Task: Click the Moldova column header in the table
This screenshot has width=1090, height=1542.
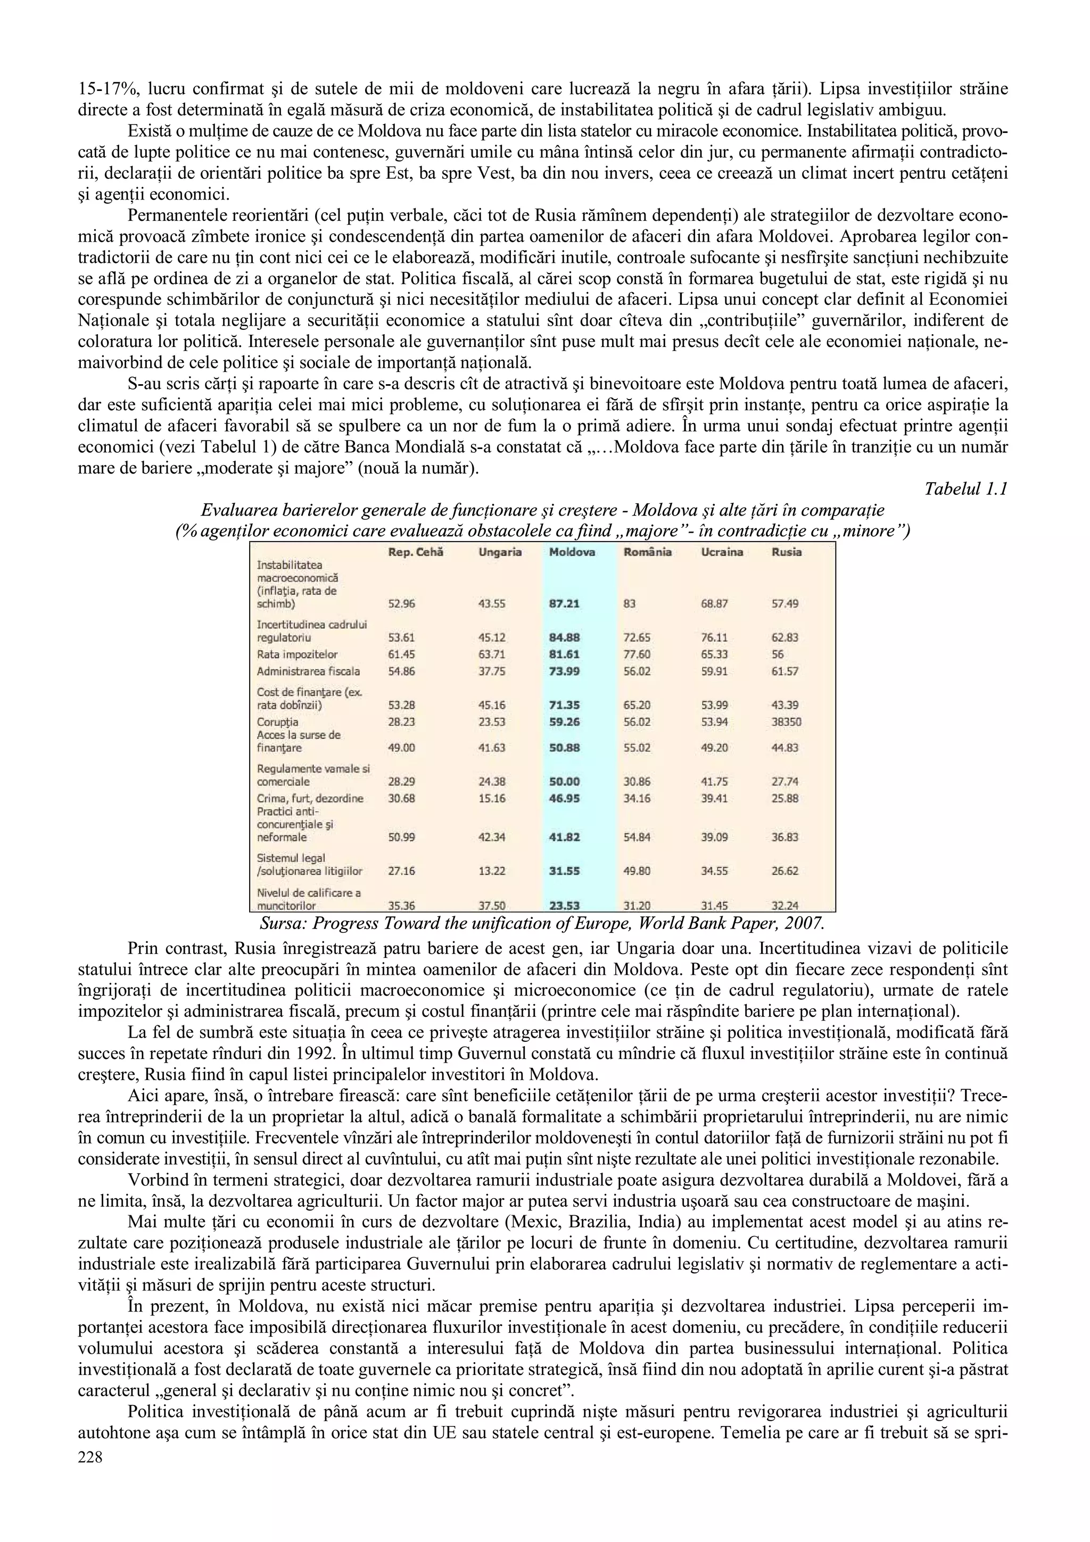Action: pos(572,552)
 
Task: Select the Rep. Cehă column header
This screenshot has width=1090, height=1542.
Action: pos(416,552)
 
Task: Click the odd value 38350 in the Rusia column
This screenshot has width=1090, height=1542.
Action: pos(787,722)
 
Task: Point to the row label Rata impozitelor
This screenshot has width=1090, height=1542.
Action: pos(298,654)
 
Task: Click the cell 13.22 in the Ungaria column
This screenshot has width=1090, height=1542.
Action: pos(492,871)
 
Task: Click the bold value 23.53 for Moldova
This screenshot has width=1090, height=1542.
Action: pos(564,905)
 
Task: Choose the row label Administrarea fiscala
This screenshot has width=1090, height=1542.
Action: pos(308,671)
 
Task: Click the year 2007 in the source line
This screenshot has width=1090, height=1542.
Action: pos(803,922)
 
